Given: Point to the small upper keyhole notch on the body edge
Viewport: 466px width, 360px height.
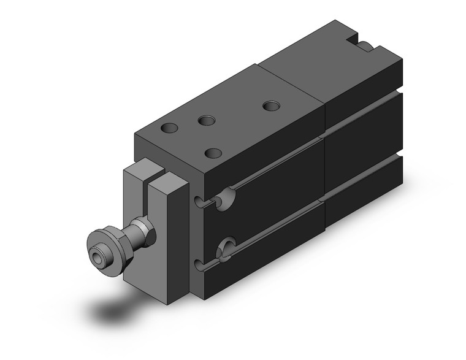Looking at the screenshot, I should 200,202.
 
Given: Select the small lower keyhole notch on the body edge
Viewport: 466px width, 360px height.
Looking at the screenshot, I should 199,264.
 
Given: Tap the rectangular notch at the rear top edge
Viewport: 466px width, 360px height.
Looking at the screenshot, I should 362,42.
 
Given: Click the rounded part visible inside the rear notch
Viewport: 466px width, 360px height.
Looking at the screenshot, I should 365,46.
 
